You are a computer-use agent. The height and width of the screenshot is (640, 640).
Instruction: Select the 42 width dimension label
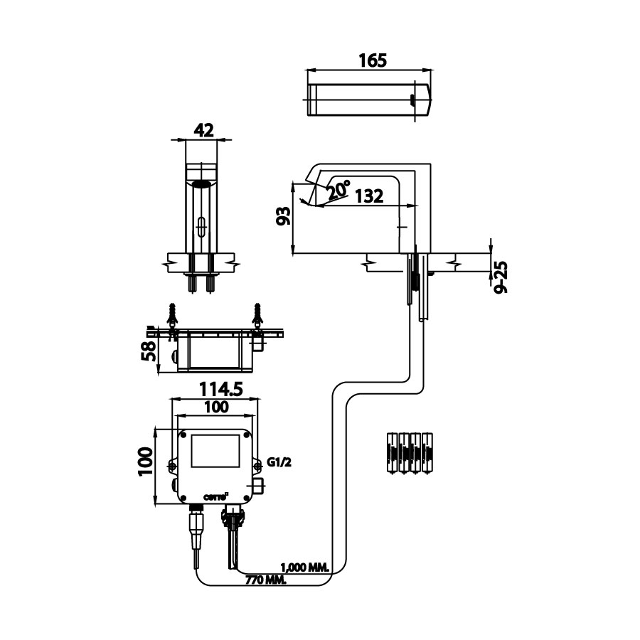click(203, 130)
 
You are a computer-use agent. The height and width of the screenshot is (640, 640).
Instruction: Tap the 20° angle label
click(338, 189)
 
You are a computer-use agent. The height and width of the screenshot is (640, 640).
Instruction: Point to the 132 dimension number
click(368, 196)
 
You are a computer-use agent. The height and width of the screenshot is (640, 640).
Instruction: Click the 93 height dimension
click(283, 216)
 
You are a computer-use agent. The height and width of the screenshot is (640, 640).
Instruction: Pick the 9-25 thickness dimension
click(501, 277)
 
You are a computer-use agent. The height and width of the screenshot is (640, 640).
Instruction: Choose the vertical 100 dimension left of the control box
click(145, 466)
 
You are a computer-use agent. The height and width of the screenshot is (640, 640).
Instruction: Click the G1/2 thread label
click(280, 462)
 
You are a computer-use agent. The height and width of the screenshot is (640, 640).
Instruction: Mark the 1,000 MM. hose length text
click(305, 567)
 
